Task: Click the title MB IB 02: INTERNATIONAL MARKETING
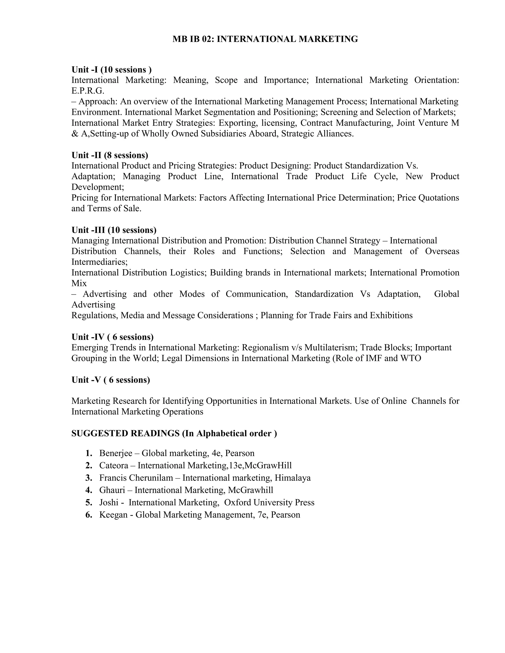(x=265, y=39)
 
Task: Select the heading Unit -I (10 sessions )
(x=112, y=70)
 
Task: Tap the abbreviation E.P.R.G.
(x=88, y=91)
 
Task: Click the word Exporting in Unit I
(x=238, y=123)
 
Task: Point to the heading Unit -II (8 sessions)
(x=110, y=155)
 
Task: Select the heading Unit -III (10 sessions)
(x=114, y=230)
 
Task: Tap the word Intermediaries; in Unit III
(x=99, y=262)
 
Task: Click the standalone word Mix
(x=79, y=283)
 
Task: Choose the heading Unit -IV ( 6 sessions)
(x=112, y=337)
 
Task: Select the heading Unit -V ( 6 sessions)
(x=111, y=380)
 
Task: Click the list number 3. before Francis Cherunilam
(x=89, y=478)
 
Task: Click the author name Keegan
(x=113, y=515)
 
